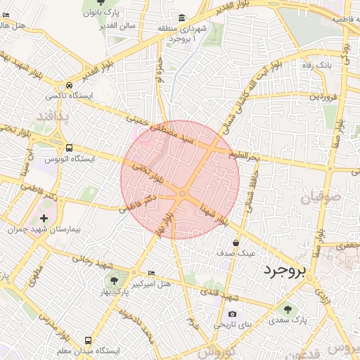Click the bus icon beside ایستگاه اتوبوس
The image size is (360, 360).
(x=69, y=148)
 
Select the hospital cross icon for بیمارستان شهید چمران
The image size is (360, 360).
(x=46, y=218)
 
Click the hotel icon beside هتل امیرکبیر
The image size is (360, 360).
(x=152, y=274)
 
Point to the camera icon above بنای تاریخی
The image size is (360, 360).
(x=232, y=314)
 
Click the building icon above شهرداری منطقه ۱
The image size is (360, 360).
(x=182, y=18)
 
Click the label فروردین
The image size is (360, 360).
(x=326, y=96)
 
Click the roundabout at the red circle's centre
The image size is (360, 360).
(x=182, y=193)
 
